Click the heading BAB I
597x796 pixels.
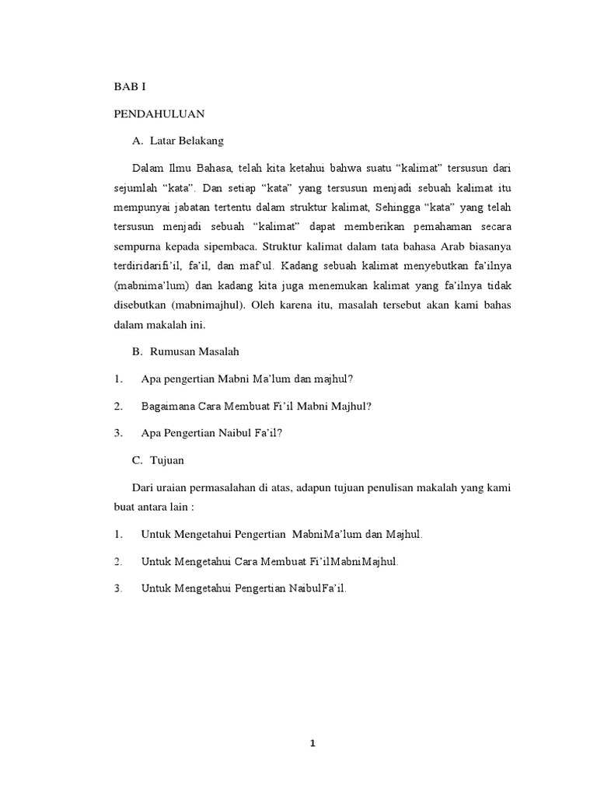point(130,87)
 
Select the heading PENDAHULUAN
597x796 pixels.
point(159,113)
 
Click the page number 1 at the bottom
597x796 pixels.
point(312,743)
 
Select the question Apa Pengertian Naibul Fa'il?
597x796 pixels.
point(211,433)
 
